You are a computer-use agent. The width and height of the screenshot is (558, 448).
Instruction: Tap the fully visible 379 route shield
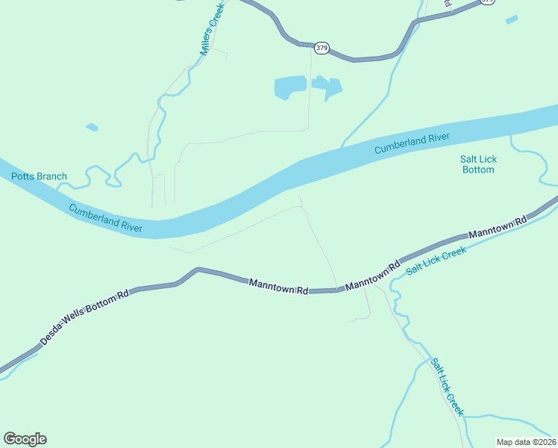[322, 48]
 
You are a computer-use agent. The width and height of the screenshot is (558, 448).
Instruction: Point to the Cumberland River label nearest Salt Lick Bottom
[412, 143]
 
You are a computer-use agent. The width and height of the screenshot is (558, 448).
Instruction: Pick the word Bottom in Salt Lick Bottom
[477, 170]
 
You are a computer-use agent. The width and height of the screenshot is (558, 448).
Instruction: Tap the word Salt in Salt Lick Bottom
[468, 159]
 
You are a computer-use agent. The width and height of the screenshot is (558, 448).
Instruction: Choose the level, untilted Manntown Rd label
[278, 285]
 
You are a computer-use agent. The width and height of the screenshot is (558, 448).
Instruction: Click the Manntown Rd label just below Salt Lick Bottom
[498, 227]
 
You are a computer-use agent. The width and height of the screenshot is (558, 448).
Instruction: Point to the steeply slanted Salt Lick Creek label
[447, 387]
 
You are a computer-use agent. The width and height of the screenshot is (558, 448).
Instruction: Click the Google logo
[25, 439]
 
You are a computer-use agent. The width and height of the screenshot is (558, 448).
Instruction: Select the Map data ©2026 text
[526, 442]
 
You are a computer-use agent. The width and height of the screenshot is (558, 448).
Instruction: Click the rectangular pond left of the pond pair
[290, 87]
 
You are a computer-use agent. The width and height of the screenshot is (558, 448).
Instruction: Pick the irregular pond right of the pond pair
[328, 87]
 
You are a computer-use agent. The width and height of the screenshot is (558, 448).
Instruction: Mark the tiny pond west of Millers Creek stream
[92, 127]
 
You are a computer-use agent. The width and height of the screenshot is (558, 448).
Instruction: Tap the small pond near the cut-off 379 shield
[512, 19]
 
